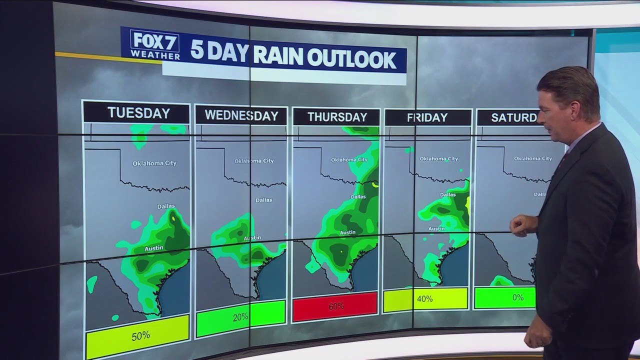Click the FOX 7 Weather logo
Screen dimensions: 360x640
point(155,44)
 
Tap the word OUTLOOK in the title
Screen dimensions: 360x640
point(352,59)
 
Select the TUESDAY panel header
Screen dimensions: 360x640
point(138,113)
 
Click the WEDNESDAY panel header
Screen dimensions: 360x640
point(241,116)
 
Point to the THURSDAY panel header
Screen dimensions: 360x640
point(337,117)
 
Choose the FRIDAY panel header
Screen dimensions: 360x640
point(427,118)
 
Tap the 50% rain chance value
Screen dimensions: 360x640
point(140,336)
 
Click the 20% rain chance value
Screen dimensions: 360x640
point(240,317)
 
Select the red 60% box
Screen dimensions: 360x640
point(335,306)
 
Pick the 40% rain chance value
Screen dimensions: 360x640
point(424,299)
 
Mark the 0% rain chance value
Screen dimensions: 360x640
point(518,297)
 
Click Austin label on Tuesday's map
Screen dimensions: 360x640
point(154,248)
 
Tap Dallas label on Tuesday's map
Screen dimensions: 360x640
point(166,206)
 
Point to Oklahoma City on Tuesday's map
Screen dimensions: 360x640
point(154,163)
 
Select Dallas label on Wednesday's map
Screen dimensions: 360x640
point(264,200)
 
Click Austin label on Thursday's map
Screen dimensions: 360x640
point(347,232)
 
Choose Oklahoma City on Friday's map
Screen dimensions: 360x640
point(438,159)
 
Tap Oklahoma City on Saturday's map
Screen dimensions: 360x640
point(533,158)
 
